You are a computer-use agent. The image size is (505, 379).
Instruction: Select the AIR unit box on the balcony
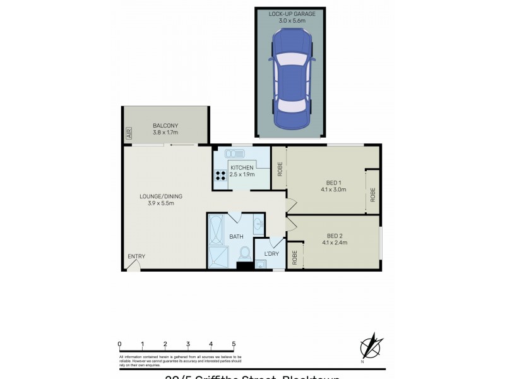[129, 133]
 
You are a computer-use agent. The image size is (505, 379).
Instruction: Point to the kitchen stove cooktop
[222, 177]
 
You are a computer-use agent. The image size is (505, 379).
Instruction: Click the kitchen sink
[237, 153]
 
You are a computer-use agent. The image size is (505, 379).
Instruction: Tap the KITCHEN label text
[242, 167]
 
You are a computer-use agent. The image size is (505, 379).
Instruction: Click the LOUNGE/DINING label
[157, 196]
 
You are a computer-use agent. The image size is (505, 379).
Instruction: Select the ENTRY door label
[136, 256]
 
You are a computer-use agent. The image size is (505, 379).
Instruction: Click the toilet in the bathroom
[245, 254]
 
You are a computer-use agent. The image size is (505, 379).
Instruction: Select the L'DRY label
[271, 254]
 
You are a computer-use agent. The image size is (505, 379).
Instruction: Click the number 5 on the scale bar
[234, 344]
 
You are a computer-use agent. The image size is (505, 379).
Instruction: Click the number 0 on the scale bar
[119, 344]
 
